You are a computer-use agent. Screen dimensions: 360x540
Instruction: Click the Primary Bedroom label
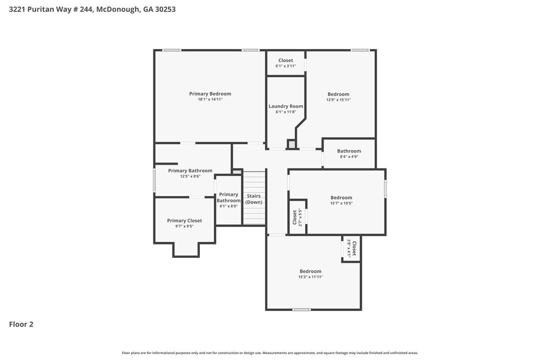(x=210, y=94)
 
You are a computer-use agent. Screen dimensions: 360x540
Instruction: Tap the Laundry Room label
(x=286, y=106)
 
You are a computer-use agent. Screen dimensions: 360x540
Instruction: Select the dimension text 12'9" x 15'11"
(x=338, y=100)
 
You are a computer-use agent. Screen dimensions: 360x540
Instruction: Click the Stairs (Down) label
(x=254, y=199)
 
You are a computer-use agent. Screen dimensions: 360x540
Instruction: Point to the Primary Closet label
(x=184, y=221)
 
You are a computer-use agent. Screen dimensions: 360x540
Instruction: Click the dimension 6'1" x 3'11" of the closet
(x=286, y=66)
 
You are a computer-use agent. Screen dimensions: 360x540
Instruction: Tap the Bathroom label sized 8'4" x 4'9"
(x=349, y=151)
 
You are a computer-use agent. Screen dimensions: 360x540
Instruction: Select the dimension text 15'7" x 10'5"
(x=341, y=203)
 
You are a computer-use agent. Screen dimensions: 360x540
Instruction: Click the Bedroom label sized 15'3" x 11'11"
(x=310, y=271)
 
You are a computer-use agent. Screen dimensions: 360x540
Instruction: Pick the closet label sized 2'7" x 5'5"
(x=295, y=217)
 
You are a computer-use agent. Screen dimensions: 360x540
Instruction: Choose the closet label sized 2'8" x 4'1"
(x=354, y=248)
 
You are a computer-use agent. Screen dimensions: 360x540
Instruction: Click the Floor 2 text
(x=21, y=324)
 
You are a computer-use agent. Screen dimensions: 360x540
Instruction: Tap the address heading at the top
(x=92, y=9)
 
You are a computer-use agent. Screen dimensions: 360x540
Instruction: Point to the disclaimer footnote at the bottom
(x=269, y=352)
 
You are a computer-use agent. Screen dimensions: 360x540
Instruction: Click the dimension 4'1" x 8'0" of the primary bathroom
(x=228, y=206)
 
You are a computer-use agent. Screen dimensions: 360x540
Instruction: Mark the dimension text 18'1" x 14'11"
(x=210, y=100)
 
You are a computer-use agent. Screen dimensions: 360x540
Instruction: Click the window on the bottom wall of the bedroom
(x=301, y=310)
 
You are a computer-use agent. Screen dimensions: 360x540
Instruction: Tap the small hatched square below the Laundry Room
(x=292, y=144)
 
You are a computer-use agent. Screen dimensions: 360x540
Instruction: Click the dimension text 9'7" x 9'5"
(x=184, y=227)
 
